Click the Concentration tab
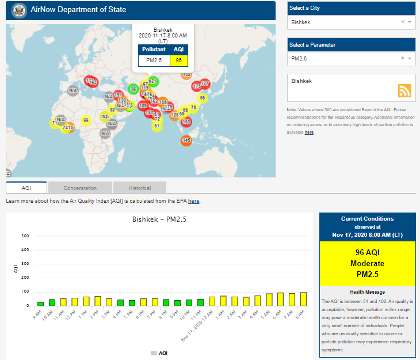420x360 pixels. point(80,188)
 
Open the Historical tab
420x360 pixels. point(140,188)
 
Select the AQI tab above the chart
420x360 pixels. point(26,188)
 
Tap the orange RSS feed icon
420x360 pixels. point(404,90)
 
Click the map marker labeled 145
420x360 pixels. point(186,140)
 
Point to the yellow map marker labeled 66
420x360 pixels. point(86,120)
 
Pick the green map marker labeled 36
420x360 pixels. point(133,89)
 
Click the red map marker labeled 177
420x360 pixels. point(204,84)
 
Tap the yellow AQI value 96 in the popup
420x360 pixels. point(179,60)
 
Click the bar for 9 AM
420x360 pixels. point(40,303)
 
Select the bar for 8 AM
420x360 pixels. point(303,299)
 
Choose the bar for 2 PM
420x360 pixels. point(97,301)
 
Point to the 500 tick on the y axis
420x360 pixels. point(25,236)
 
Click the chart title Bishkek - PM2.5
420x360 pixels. point(159,219)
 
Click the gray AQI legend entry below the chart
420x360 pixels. point(159,353)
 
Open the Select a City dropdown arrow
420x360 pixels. point(410,22)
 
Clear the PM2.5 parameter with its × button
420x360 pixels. point(403,58)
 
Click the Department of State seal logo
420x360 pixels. point(18,10)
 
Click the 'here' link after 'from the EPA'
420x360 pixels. point(193,201)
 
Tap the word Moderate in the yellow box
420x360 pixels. point(367,263)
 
